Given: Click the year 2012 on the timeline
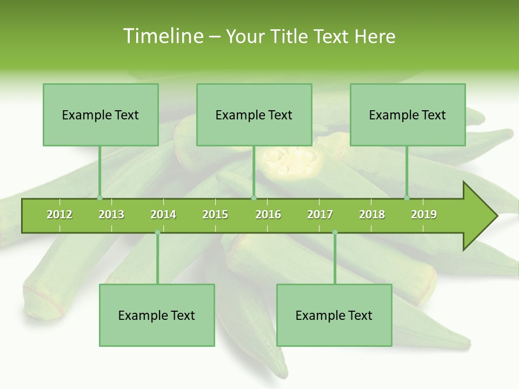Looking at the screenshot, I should tap(59, 214).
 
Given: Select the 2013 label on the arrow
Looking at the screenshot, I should tap(111, 214).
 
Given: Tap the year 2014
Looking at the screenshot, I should tap(163, 214).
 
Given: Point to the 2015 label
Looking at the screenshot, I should tap(215, 214).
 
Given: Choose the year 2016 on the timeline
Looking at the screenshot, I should tap(268, 214).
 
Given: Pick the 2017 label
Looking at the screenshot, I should tap(320, 214).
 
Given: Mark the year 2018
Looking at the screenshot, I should tap(372, 214).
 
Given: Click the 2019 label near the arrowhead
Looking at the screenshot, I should tap(424, 214).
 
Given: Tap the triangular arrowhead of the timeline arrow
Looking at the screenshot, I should tap(478, 216).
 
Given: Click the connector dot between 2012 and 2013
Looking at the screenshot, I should tap(99, 198).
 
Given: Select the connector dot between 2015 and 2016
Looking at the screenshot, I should tap(254, 198).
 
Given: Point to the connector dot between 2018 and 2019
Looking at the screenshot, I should tap(407, 198).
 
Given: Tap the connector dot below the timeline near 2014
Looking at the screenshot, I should tap(157, 232).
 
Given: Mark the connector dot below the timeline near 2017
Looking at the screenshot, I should tap(335, 232).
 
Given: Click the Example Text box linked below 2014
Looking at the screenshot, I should tap(157, 315).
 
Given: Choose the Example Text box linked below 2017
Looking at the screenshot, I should tap(334, 315).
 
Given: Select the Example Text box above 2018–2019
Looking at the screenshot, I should tap(408, 115).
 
